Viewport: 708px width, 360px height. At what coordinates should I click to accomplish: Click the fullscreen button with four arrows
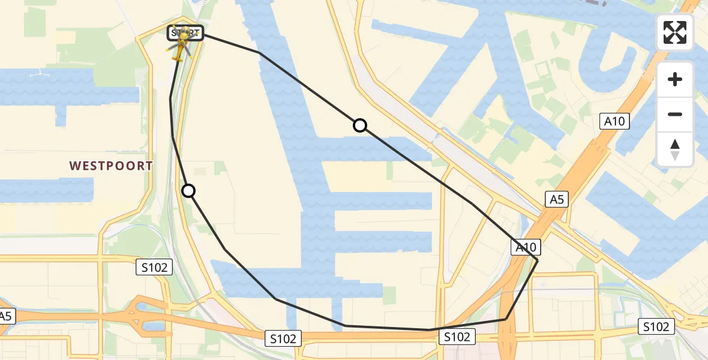coord(675,32)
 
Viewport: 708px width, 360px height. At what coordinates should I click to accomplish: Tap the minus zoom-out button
coord(675,114)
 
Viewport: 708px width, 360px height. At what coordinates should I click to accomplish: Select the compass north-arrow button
coord(675,149)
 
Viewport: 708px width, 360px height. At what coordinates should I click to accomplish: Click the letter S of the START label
coord(174,33)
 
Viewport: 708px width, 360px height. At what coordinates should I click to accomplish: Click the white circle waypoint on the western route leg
coord(188,191)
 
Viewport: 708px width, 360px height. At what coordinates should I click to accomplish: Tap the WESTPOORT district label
coord(111,166)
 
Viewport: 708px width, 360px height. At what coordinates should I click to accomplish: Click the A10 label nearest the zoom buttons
coord(615,121)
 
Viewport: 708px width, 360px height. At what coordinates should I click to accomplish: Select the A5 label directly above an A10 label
coord(556,200)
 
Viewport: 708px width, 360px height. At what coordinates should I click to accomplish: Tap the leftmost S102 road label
coord(154,268)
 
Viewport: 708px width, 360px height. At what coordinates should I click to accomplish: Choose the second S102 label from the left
coord(283,338)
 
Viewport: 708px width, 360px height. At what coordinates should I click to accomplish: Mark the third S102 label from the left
coord(457,337)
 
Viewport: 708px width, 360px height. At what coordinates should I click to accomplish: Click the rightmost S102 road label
coord(655,326)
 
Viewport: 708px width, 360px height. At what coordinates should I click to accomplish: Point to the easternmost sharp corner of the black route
coord(537,260)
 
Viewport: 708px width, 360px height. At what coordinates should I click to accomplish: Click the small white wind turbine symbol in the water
coord(40,73)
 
